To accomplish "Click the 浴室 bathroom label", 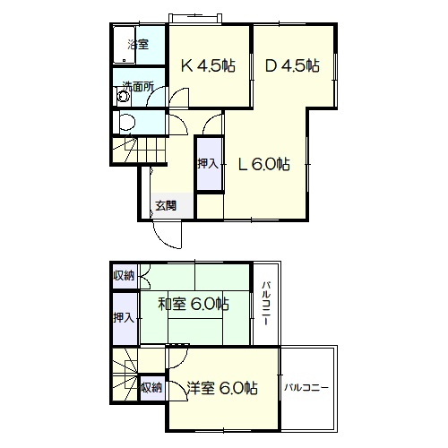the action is [138, 45].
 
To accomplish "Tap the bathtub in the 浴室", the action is [125, 45].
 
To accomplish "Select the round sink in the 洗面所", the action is [124, 97].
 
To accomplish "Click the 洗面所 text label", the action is [138, 87].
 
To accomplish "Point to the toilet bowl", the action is [126, 122].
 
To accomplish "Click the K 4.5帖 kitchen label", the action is [209, 65].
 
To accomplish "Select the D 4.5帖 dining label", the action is [292, 65].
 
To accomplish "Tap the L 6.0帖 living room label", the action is [264, 164].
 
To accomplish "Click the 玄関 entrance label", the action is [166, 206].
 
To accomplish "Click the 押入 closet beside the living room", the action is [209, 163].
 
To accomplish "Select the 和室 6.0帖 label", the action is [194, 305].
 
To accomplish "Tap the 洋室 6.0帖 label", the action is [222, 388].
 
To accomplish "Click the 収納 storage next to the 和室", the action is [124, 276].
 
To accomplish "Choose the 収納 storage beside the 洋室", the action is [152, 387].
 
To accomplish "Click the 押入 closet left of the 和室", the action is [124, 318].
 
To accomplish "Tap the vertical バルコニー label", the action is [267, 304].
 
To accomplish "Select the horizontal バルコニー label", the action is [306, 388].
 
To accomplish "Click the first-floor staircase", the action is [139, 149].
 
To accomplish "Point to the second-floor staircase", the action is [125, 374].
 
